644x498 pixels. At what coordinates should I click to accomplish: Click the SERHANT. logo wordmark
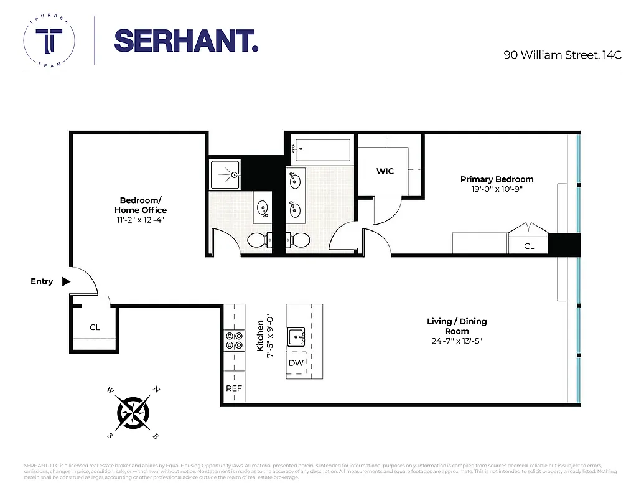(186, 40)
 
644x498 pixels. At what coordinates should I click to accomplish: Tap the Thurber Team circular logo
(49, 40)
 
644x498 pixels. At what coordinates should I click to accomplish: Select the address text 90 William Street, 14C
(562, 55)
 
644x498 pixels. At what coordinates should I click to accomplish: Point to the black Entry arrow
(66, 281)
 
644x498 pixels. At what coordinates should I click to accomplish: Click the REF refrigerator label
(233, 388)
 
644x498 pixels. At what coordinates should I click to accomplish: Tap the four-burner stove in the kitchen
(234, 340)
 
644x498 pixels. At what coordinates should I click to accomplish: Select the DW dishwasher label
(296, 363)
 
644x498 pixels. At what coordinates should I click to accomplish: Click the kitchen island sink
(296, 337)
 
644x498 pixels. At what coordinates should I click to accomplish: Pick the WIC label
(385, 171)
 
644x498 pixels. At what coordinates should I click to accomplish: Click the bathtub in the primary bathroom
(322, 150)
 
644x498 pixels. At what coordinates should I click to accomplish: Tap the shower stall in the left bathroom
(225, 174)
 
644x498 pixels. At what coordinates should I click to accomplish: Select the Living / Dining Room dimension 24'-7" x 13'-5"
(457, 341)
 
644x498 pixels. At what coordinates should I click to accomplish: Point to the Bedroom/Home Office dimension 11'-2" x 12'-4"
(140, 220)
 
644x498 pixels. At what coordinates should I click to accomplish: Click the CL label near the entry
(95, 327)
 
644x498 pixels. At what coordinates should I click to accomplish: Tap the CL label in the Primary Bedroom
(529, 246)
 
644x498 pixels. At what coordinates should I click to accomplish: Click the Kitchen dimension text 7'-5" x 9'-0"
(269, 336)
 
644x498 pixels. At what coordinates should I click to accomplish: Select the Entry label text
(42, 281)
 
